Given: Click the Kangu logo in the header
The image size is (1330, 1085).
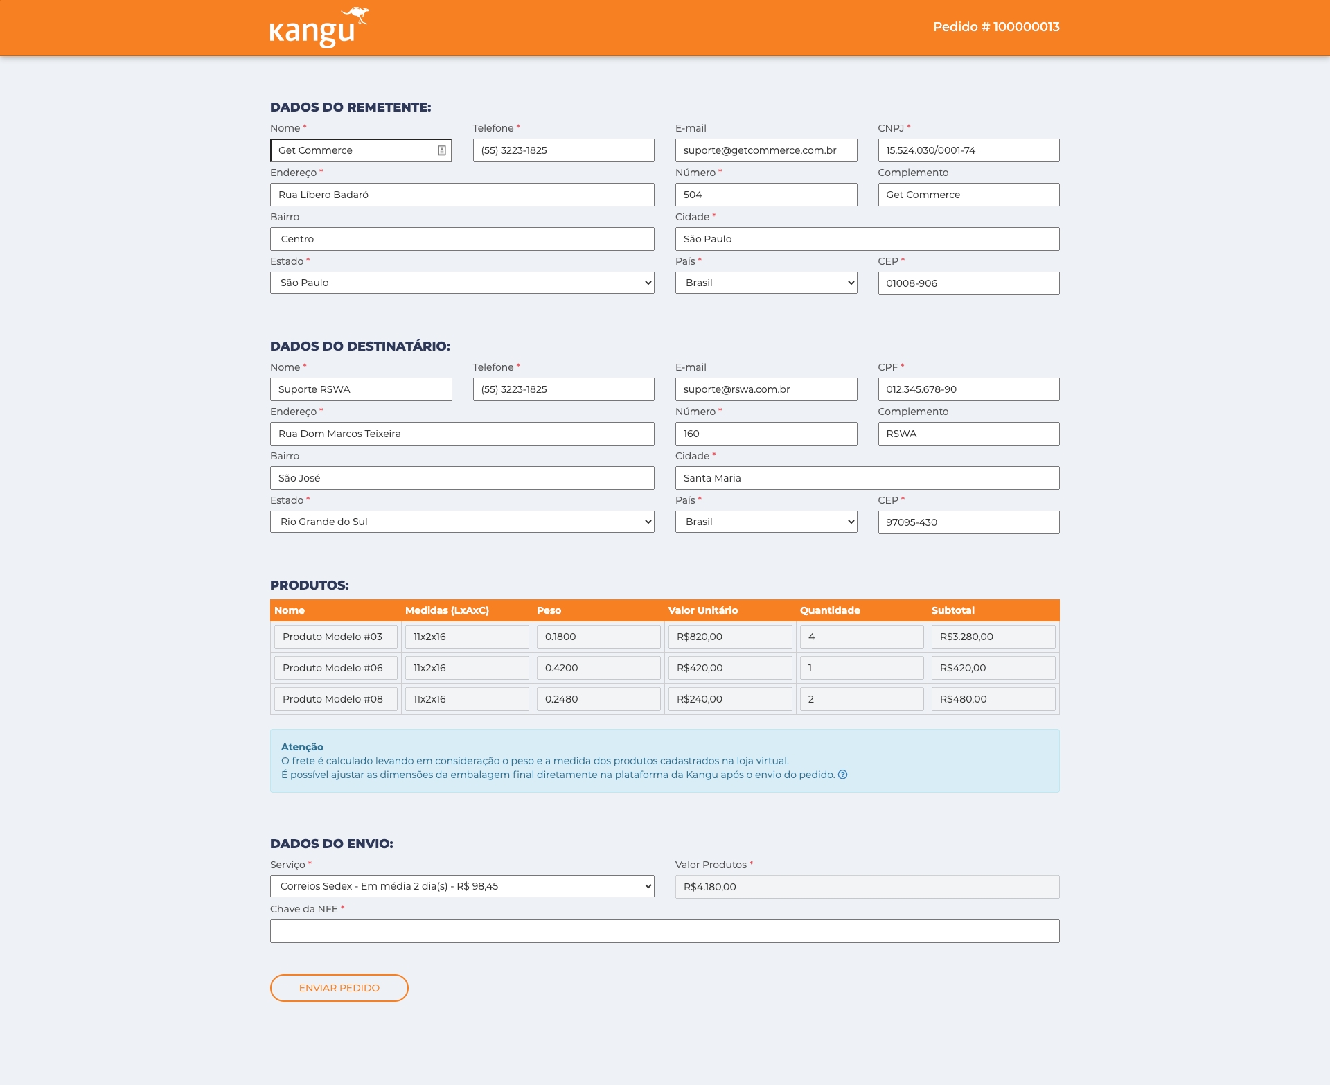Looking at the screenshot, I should tap(318, 28).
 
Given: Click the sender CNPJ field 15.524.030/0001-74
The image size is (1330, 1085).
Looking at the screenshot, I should tap(968, 150).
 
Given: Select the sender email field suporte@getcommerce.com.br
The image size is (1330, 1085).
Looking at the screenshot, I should tap(765, 150).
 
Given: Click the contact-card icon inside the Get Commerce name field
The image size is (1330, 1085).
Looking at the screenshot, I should tap(442, 150).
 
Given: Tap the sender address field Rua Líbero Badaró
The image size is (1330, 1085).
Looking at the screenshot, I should tap(461, 195).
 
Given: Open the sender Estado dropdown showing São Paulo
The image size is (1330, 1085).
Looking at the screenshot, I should tap(461, 283).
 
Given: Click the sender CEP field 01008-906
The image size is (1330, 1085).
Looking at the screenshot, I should tap(968, 283).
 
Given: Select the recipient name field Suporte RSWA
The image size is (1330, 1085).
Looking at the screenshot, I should tap(360, 389).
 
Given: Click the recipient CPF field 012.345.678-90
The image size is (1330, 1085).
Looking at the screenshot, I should tap(968, 389).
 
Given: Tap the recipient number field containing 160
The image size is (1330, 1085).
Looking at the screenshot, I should tap(765, 434).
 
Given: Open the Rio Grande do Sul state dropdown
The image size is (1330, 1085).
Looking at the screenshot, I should tap(461, 522).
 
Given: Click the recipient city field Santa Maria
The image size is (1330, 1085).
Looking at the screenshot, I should tap(867, 478).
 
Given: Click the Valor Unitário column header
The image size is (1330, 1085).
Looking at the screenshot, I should tap(702, 610).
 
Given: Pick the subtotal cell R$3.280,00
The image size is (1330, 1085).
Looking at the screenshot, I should tap(993, 637).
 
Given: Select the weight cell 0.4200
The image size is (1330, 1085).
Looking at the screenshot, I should tap(598, 668).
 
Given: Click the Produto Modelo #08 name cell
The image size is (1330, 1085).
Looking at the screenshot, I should tap(335, 699).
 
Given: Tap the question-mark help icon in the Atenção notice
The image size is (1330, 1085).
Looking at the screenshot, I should tap(842, 775).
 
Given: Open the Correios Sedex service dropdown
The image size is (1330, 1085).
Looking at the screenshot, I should tap(461, 886).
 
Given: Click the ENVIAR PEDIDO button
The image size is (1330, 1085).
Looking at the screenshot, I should tap(339, 988).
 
